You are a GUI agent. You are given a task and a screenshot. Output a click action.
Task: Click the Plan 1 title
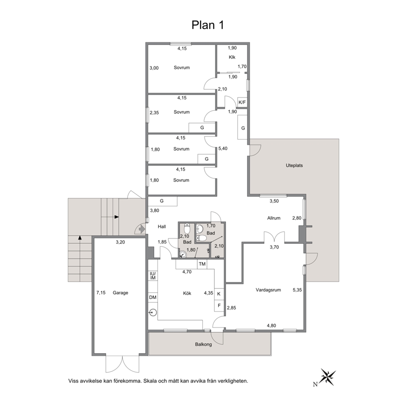(x=207, y=25)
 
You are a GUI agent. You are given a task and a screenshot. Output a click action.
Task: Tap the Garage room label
(x=121, y=293)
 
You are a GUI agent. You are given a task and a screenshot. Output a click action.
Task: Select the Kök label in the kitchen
(x=187, y=293)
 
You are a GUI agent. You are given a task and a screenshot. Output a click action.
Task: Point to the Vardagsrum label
(x=268, y=290)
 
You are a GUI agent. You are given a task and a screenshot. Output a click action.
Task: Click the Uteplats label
(x=294, y=165)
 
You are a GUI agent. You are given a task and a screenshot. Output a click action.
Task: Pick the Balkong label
(x=203, y=345)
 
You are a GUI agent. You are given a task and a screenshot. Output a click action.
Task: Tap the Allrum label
(x=274, y=218)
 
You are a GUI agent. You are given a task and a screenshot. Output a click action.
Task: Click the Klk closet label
(x=232, y=57)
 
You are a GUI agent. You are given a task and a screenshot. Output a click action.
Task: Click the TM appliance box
(x=202, y=264)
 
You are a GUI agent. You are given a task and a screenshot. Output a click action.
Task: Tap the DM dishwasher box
(x=153, y=297)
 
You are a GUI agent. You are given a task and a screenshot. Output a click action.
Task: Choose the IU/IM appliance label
(x=153, y=276)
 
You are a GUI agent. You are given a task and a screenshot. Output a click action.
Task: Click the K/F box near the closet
(x=242, y=102)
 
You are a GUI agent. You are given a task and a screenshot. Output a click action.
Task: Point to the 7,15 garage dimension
(x=101, y=293)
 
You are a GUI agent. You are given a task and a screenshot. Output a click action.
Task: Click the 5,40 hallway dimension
(x=223, y=149)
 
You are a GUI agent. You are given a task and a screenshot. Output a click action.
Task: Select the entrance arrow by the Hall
(x=142, y=229)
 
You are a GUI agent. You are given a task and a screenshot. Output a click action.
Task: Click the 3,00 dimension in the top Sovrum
(x=154, y=68)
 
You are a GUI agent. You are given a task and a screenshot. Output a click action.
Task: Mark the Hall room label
(x=162, y=226)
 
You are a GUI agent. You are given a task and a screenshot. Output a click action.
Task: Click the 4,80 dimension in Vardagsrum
(x=272, y=325)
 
